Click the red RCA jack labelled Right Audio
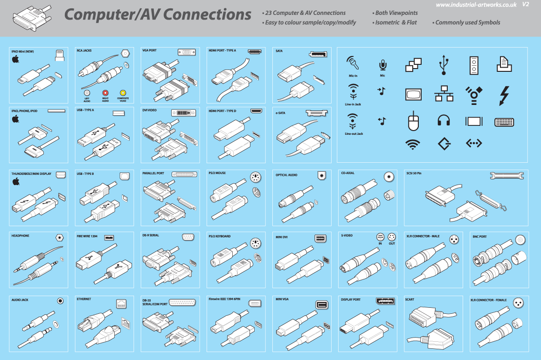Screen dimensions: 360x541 point(105,93)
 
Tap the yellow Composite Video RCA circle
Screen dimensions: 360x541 point(123,93)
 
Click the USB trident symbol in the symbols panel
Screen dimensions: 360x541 point(444,65)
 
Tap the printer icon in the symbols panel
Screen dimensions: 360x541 point(504,64)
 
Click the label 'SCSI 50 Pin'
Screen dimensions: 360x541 point(414,173)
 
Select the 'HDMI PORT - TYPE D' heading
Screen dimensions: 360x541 point(222,111)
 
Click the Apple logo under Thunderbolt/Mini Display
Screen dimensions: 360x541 point(15,181)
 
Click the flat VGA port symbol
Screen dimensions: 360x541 point(186,52)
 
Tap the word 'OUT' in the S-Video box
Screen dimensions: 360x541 point(392,243)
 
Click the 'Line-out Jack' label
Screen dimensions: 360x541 point(354,134)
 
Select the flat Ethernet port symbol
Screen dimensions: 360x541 point(122,303)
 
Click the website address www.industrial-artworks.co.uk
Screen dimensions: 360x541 point(476,5)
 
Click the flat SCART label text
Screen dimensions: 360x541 point(409,299)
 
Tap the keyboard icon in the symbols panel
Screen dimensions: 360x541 point(504,122)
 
